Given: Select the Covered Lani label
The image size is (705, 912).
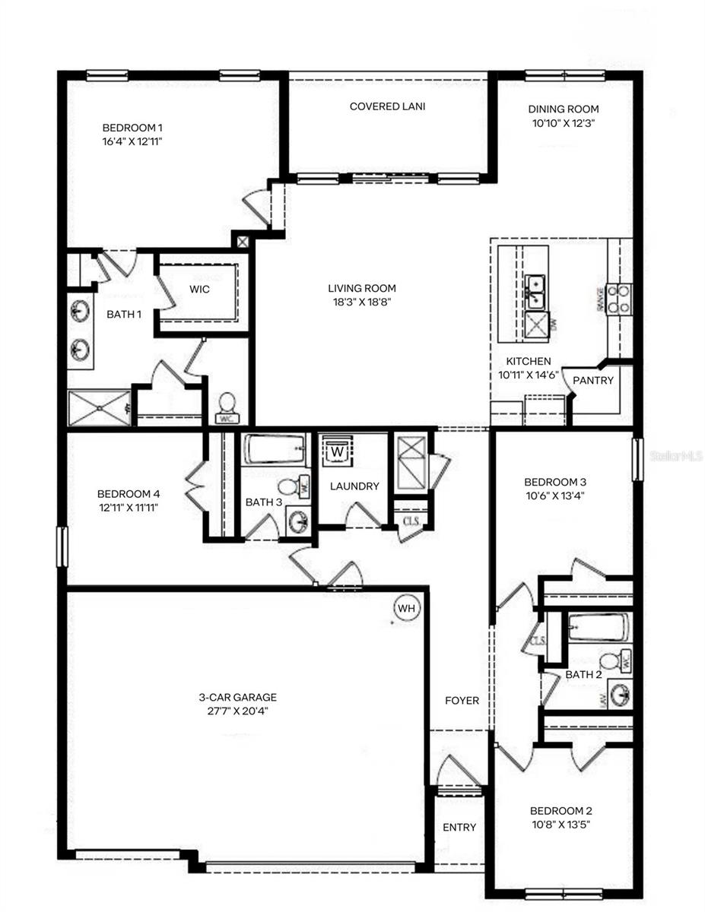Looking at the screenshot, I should click(387, 106).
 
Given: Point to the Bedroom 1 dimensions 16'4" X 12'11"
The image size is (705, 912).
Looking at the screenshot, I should click(134, 141).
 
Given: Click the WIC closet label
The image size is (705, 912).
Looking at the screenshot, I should click(200, 290).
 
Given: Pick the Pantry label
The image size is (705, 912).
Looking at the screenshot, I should click(592, 380).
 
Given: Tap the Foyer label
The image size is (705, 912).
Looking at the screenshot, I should click(462, 700).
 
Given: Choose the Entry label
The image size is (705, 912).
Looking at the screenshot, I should click(459, 827).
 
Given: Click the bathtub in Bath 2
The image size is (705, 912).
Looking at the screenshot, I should click(598, 629).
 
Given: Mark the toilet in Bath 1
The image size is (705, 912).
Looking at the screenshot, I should click(227, 407).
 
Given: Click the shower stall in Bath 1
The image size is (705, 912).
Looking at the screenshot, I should click(99, 407).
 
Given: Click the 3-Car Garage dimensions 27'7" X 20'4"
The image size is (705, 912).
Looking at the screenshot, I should click(238, 712).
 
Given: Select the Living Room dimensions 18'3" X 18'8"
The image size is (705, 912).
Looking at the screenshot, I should click(362, 302).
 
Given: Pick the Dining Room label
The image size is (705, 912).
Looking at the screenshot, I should click(564, 109).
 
